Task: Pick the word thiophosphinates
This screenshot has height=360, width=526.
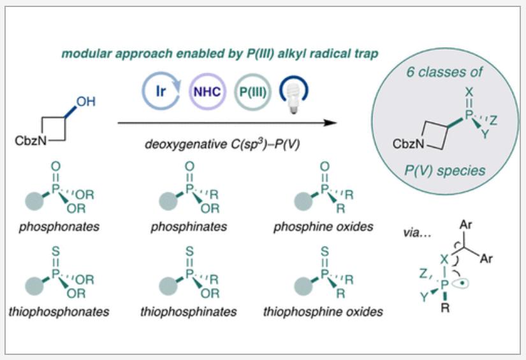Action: pos(189,312)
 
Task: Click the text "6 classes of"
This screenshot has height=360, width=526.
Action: pos(445,72)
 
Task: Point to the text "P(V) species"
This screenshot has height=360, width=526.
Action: pos(445,170)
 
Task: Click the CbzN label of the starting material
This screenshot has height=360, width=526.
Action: pos(31,140)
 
